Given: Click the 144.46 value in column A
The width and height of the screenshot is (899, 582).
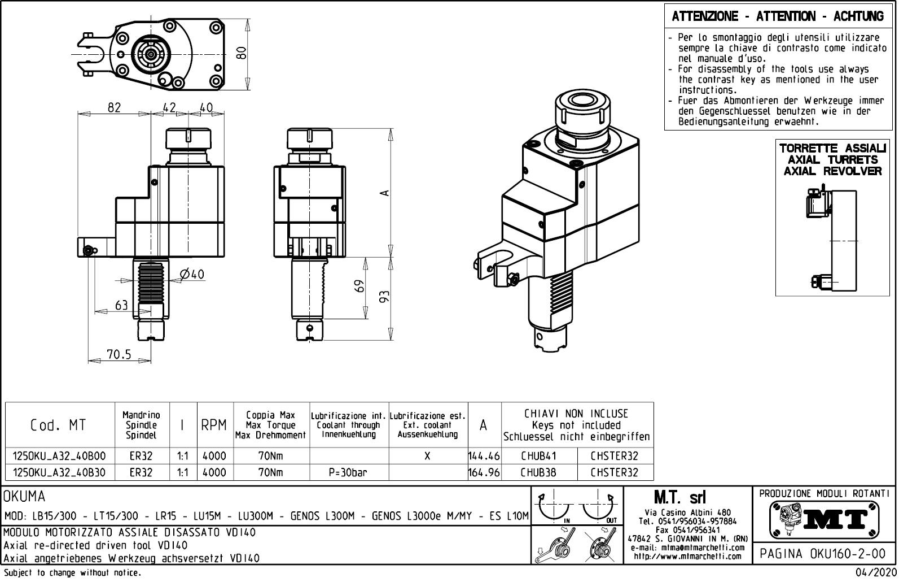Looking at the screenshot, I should pos(484,456).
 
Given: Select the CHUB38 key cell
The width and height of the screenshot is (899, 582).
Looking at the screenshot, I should pos(538,472).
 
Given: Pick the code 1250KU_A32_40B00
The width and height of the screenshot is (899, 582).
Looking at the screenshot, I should pos(60,456).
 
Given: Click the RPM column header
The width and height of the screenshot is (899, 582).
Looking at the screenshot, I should pos(214,425).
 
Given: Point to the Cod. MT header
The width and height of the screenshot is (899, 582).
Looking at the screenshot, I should pos(58,425).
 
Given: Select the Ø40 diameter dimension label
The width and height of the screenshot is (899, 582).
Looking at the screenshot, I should pos(192,275).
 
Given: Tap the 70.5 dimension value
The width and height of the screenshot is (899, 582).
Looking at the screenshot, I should pos(119,354).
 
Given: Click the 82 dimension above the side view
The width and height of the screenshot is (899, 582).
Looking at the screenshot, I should pos(114,107).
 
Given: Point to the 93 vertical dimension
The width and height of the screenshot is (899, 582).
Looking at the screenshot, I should pos(385,296).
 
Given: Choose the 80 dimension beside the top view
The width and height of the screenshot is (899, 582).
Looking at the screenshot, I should pos(242,53).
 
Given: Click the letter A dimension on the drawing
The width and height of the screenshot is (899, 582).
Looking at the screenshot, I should pos(385,193).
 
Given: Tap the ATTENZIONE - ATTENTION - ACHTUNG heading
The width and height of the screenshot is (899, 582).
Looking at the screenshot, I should pos(778,16).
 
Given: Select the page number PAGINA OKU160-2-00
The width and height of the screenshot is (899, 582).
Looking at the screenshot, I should pos(823,554).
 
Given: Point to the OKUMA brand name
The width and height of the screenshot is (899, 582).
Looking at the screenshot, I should pos(25,497).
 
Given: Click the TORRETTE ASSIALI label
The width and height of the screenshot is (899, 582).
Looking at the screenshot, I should pos(832,149).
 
